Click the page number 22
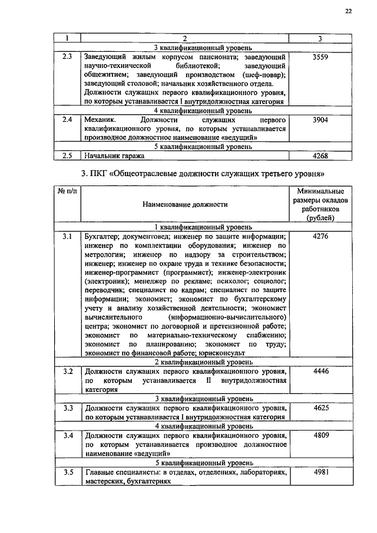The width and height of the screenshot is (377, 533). click(349, 11)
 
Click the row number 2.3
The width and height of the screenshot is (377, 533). click(67, 57)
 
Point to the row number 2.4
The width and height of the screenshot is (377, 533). click(67, 120)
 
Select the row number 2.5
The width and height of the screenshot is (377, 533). click(67, 156)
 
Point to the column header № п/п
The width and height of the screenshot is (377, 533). click(67, 191)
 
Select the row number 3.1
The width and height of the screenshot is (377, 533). click(67, 236)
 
